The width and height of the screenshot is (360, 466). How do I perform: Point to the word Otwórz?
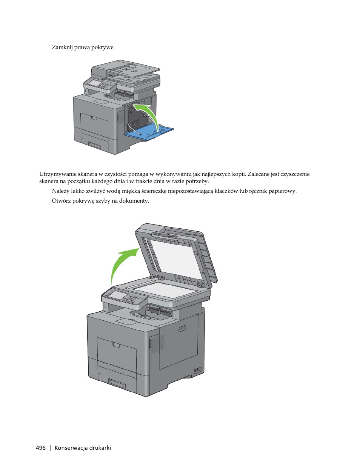click(x=61, y=201)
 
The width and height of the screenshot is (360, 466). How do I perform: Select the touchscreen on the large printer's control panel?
click(x=118, y=295)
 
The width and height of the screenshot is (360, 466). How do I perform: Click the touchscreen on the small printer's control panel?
click(x=92, y=82)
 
